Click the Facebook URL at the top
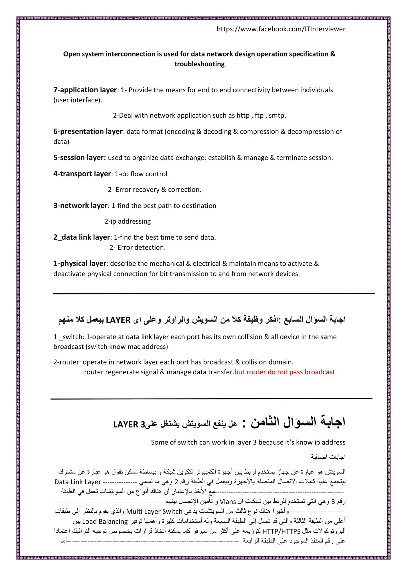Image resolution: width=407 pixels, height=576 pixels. (281, 29)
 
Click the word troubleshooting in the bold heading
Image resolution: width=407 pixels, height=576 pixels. (199, 64)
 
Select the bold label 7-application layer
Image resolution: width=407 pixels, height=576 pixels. (85, 90)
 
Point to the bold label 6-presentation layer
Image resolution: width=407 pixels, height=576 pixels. (88, 132)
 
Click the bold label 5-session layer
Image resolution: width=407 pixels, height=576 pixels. (80, 158)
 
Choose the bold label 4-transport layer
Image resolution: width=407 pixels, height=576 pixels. (82, 174)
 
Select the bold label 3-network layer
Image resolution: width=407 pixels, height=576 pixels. (80, 206)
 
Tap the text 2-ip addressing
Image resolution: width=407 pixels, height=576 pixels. (128, 222)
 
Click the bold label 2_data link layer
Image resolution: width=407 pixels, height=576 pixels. (82, 237)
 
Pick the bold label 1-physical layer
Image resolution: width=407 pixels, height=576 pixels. (80, 264)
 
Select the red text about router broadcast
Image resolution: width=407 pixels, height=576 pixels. (284, 372)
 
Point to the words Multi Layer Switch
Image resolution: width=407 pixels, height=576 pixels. (154, 512)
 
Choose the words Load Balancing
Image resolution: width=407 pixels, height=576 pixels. (105, 521)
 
